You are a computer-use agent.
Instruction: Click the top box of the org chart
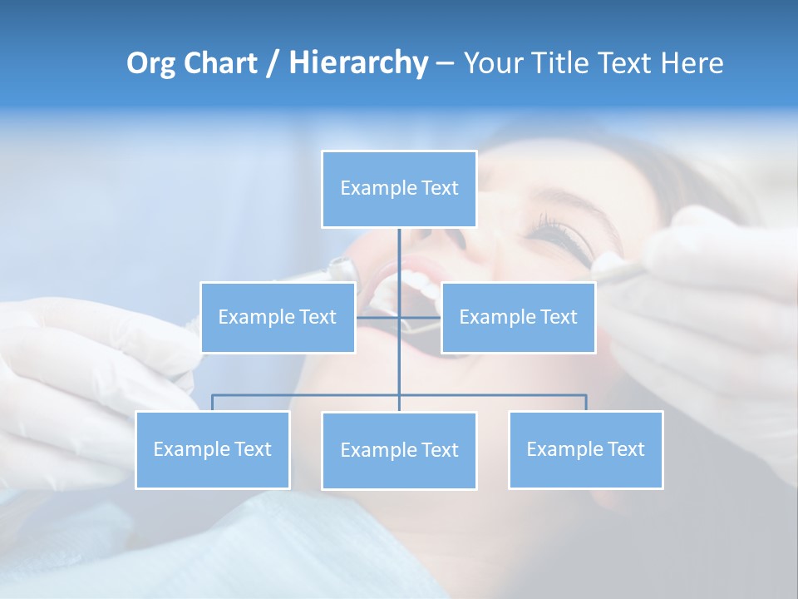pos(399,189)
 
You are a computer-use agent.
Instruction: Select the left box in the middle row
pos(278,317)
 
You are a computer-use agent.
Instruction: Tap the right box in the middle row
pos(518,317)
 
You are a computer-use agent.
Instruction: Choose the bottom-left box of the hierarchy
pos(213,449)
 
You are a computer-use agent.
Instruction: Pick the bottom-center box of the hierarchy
pos(399,450)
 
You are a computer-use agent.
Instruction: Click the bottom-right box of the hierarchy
pos(586,449)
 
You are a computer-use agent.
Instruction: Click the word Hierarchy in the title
pos(358,63)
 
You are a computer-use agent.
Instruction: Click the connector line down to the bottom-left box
pos(213,403)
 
